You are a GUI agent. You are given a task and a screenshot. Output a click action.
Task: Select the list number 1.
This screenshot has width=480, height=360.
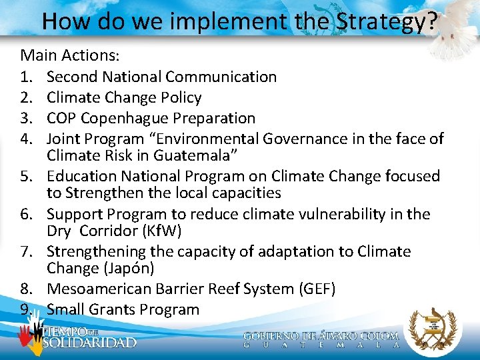(26, 77)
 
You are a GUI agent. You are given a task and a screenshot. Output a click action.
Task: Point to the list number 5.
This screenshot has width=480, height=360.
(26, 176)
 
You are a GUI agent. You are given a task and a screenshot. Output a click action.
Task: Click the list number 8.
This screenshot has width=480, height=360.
(26, 289)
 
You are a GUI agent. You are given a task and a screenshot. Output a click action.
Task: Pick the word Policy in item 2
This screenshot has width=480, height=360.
(180, 97)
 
